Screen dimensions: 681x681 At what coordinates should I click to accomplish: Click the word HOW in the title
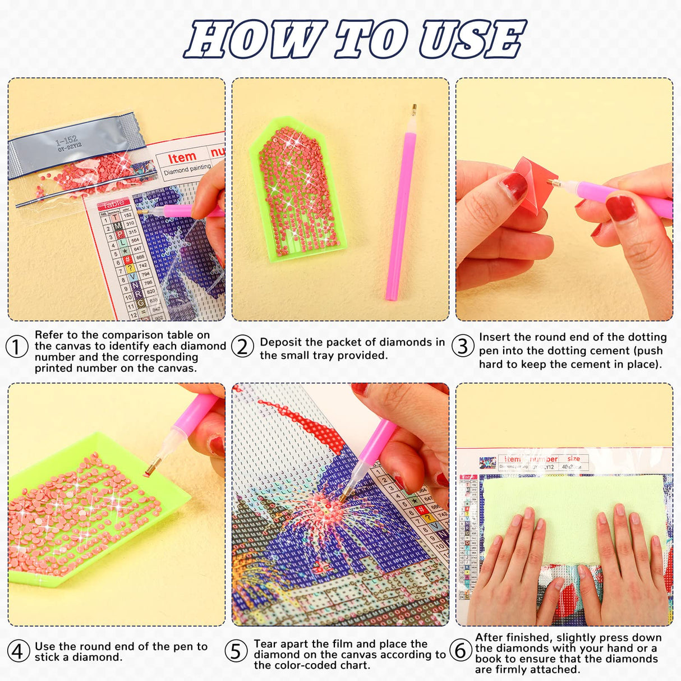click(256, 39)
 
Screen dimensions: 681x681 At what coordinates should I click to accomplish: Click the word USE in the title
click(472, 39)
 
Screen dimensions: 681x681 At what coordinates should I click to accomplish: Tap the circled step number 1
click(17, 346)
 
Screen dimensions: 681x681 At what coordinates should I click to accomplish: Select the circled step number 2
click(242, 346)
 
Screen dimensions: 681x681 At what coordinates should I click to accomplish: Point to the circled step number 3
click(462, 346)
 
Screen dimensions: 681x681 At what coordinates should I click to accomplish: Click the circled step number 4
click(17, 651)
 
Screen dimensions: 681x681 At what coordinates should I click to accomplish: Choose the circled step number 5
click(236, 651)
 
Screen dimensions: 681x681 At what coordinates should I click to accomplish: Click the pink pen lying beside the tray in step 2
click(400, 208)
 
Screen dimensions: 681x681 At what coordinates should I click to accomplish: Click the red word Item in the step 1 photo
click(182, 158)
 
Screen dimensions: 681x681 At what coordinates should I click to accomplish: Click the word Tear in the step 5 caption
click(265, 644)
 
